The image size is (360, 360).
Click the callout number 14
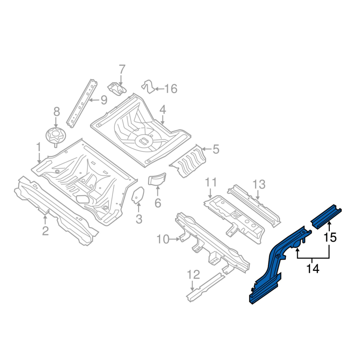[313, 268]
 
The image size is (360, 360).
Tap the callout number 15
[330, 237]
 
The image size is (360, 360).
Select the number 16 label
[171, 89]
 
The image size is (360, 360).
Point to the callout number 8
[57, 112]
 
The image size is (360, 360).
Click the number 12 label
[193, 274]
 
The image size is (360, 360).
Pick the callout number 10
[163, 239]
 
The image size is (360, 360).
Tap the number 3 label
[139, 219]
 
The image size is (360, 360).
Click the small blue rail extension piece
[326, 216]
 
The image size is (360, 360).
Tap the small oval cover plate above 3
[138, 195]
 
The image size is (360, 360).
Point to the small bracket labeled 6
[157, 179]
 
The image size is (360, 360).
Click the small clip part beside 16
[148, 86]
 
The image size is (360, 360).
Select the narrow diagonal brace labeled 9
[82, 103]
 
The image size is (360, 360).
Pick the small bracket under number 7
[117, 88]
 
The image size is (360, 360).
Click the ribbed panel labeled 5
[188, 161]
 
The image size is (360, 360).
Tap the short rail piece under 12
[206, 287]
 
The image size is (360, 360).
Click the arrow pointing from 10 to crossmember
[175, 239]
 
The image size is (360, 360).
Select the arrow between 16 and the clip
[159, 89]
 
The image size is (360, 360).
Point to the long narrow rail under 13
[254, 206]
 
